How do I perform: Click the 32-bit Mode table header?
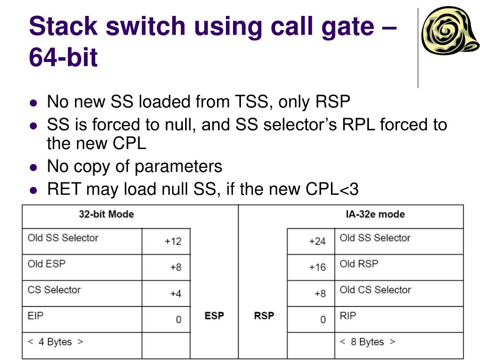[106, 215]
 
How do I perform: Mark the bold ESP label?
[214, 316]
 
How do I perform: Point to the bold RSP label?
[264, 316]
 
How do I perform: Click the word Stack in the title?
[62, 26]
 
